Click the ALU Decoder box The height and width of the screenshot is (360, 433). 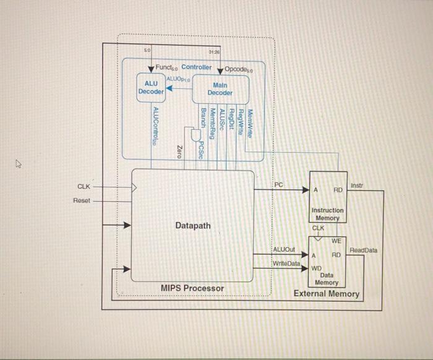[x=151, y=87]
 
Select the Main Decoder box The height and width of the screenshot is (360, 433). [x=220, y=88]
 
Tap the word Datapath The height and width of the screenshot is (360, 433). [x=192, y=226]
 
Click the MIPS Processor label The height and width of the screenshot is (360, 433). [x=192, y=288]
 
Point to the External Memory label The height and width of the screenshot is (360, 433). [x=326, y=293]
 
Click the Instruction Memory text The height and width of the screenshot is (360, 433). [x=327, y=214]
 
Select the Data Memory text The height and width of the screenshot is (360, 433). [x=327, y=278]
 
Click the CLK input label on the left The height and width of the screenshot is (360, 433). [x=84, y=186]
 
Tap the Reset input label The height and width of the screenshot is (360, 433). [x=82, y=200]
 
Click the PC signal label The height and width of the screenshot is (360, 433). [x=279, y=184]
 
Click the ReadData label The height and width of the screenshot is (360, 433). [x=363, y=250]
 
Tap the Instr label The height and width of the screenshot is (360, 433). [x=357, y=185]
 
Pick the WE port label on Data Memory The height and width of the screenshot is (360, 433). [x=337, y=241]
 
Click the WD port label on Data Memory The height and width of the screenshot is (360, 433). [x=315, y=268]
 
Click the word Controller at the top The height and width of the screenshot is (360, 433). [x=196, y=67]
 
